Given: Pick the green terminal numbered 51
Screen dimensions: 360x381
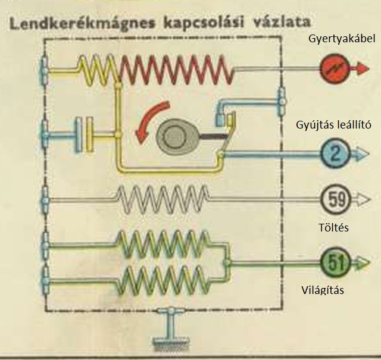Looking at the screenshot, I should click(335, 261).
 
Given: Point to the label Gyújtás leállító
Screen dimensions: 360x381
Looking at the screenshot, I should click(333, 124).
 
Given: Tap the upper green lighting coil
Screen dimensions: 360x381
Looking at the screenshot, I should click(164, 243).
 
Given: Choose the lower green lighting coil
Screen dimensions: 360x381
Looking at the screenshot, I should click(164, 277).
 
